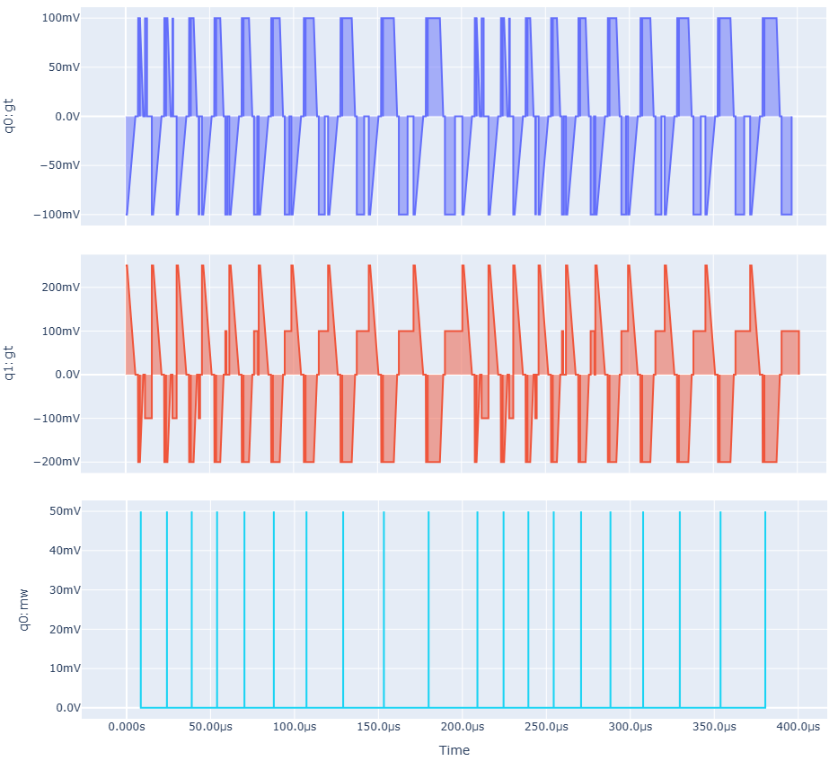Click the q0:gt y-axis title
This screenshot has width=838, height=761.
(10, 117)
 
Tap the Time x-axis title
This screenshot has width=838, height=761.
(454, 750)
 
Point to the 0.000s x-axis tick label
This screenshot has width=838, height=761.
(126, 727)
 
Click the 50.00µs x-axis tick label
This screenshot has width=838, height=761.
(209, 727)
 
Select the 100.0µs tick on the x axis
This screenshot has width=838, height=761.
(294, 727)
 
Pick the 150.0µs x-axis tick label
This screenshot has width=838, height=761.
(378, 727)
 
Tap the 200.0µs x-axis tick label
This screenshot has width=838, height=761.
(462, 727)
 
